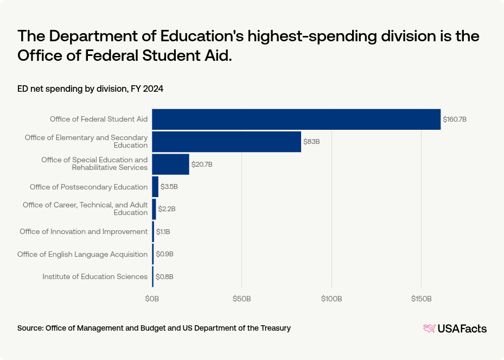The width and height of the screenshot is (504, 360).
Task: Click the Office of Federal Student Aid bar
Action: [x=296, y=119]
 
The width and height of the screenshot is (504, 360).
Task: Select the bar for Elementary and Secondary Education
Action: [x=226, y=142]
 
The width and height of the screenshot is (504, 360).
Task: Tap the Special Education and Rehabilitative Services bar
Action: [x=170, y=164]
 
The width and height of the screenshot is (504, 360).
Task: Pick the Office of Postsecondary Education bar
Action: [x=155, y=187]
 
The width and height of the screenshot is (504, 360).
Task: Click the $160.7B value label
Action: [x=455, y=119]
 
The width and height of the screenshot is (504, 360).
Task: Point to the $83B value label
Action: [x=311, y=142]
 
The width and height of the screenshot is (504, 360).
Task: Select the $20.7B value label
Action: [x=202, y=164]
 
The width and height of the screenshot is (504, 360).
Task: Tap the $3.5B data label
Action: [x=169, y=187]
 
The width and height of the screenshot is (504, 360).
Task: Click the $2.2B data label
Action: [x=167, y=209]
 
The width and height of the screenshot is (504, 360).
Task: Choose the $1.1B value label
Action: [x=163, y=232]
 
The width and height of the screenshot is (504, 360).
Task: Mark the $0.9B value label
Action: [x=164, y=254]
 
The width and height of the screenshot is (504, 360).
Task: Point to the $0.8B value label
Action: [x=164, y=277]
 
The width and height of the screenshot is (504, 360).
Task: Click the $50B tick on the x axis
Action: [x=241, y=299]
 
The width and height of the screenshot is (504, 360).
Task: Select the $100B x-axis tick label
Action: [x=331, y=299]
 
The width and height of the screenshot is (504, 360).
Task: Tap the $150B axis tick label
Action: [x=421, y=299]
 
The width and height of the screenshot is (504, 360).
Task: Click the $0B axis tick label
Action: [x=152, y=299]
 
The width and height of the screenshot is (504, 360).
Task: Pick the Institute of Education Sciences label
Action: [x=95, y=277]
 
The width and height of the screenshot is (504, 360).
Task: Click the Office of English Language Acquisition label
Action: [x=82, y=254]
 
